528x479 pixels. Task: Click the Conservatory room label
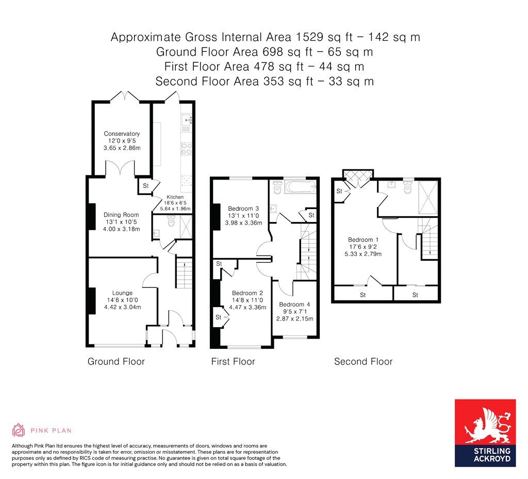(122, 134)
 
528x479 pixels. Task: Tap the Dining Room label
(122, 215)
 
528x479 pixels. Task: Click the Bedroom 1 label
(364, 239)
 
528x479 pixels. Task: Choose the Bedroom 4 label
(292, 304)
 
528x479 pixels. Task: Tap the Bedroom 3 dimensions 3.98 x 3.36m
(244, 223)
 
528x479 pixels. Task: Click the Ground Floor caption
(116, 361)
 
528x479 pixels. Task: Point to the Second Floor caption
(363, 361)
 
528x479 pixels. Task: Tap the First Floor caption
(233, 361)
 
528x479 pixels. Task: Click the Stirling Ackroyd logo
(485, 433)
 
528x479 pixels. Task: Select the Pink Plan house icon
(19, 429)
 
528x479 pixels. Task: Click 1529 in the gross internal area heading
(307, 37)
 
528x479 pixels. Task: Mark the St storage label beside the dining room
(145, 185)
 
